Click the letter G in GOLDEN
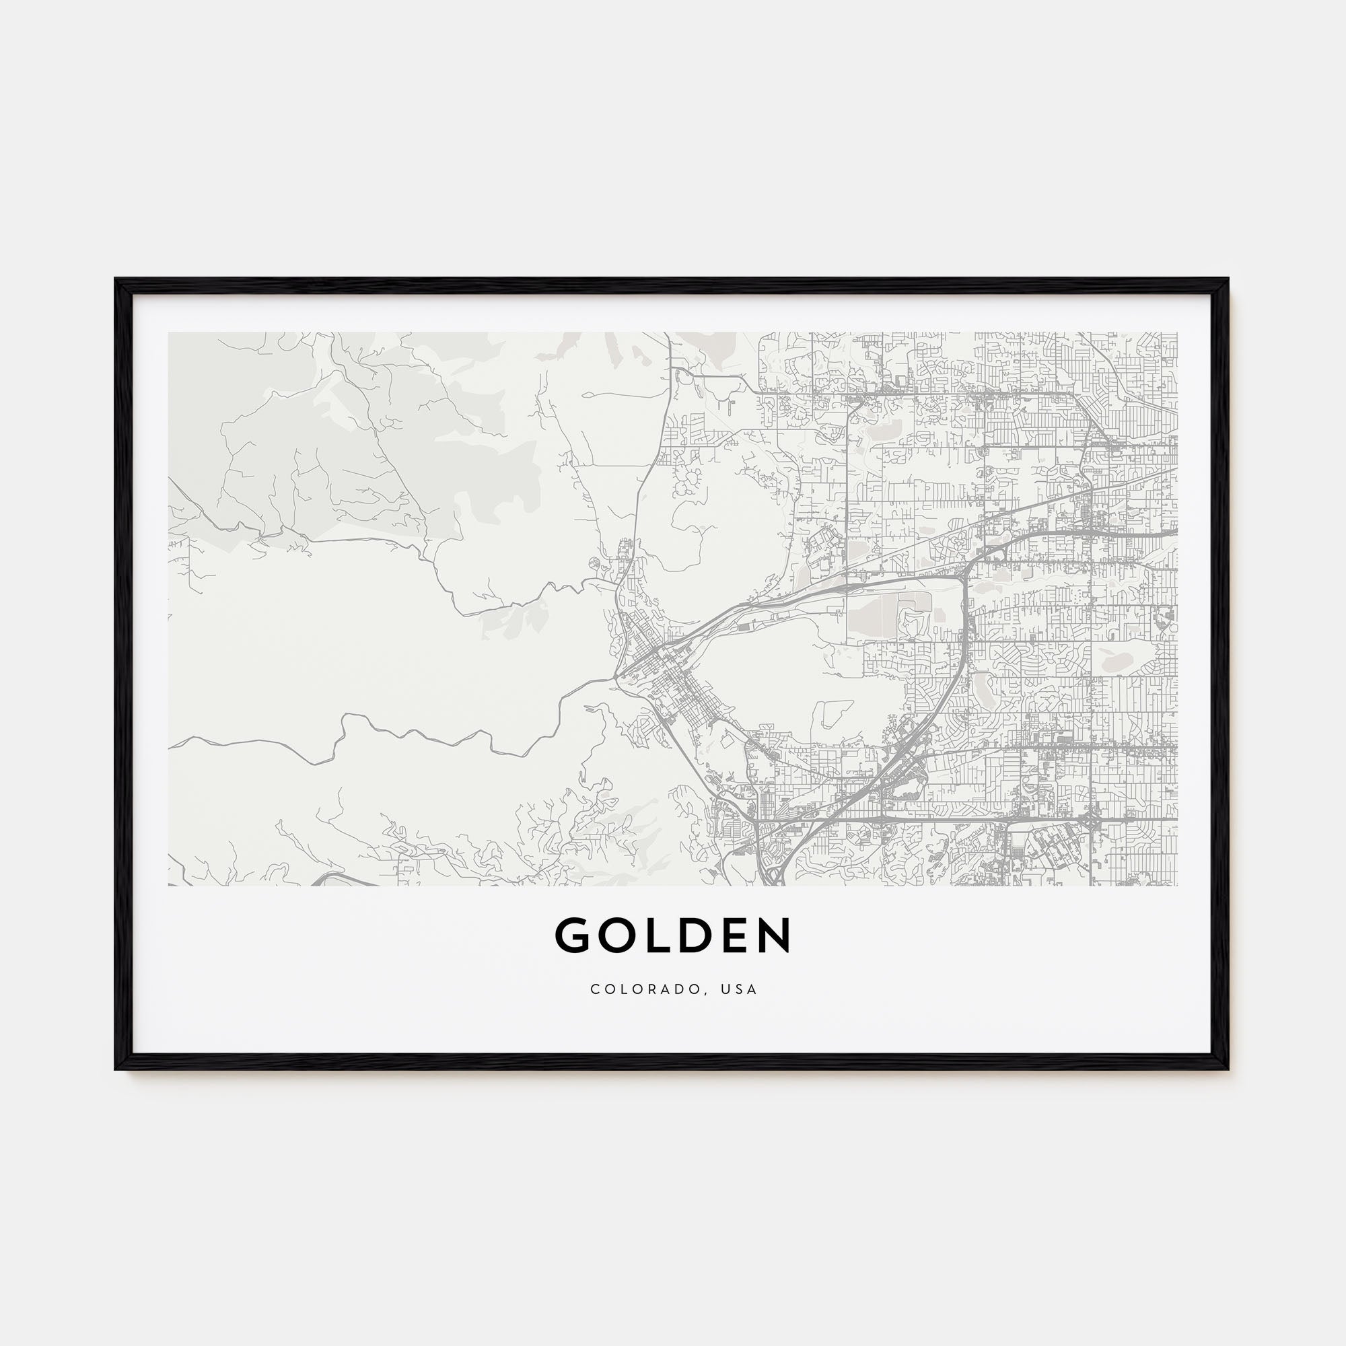pos(573,935)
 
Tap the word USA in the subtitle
pos(740,989)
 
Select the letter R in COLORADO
pos(660,989)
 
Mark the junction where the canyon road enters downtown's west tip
pos(616,675)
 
